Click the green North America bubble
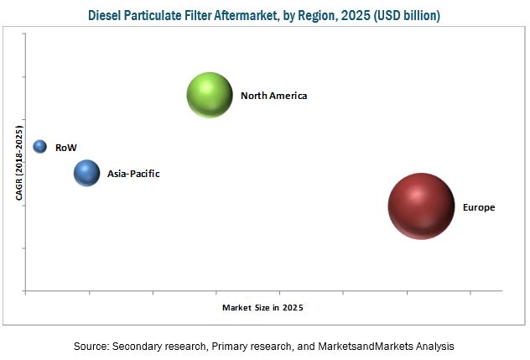(x=209, y=95)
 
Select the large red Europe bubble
(x=420, y=206)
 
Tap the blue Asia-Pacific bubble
(x=86, y=174)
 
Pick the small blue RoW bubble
(x=39, y=147)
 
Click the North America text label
(x=273, y=96)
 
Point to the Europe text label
(x=478, y=207)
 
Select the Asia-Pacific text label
(x=133, y=175)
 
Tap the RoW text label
(x=65, y=148)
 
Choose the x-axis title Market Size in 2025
(x=262, y=308)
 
